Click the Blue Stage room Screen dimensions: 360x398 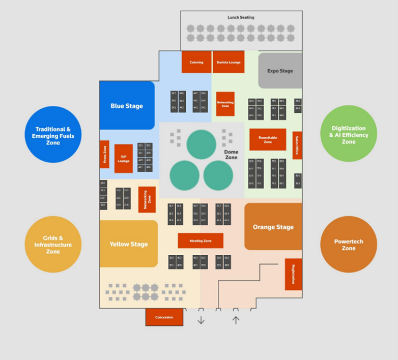coord(127,106)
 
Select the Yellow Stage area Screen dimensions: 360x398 coord(129,244)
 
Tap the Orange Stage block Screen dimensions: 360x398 coord(273,227)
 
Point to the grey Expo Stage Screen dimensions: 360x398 coord(280,71)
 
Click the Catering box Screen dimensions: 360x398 coord(196,62)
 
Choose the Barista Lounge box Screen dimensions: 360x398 coord(229,62)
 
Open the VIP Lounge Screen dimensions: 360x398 coord(123,159)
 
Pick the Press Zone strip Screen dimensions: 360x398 coord(104,154)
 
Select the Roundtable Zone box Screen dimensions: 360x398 coord(268,139)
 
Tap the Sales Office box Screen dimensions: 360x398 coord(297,145)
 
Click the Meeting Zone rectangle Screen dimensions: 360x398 coord(201,241)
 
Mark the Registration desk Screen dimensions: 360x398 coord(293,274)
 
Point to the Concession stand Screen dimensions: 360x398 coord(164,317)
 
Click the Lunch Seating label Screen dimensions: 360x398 coord(241,17)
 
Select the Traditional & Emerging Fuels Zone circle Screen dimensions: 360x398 coord(53,135)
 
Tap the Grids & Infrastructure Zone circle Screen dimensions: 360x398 coord(53,244)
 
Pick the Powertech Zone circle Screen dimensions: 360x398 coord(349,244)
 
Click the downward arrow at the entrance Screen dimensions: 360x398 coord(201,320)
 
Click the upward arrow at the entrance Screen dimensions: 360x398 coord(236,320)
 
